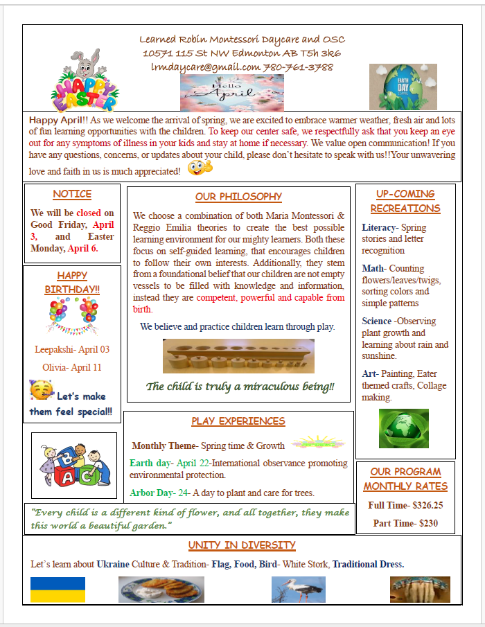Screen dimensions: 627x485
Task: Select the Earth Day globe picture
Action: [x=403, y=87]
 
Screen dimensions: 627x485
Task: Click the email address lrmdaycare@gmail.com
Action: [x=205, y=67]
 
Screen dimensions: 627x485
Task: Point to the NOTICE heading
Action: [x=72, y=195]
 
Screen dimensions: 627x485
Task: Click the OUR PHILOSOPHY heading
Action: [x=238, y=197]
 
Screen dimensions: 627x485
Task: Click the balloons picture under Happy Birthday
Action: [x=72, y=315]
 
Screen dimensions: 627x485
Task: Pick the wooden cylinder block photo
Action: [x=238, y=356]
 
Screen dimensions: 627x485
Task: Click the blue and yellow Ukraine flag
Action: [x=58, y=590]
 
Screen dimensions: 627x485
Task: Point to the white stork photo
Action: [x=298, y=590]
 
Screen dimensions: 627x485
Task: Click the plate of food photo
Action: [x=161, y=590]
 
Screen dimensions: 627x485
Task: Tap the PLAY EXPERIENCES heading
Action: [x=238, y=421]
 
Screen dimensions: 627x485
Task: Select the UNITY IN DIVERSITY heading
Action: [x=242, y=545]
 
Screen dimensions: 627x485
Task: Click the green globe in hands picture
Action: [x=403, y=428]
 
